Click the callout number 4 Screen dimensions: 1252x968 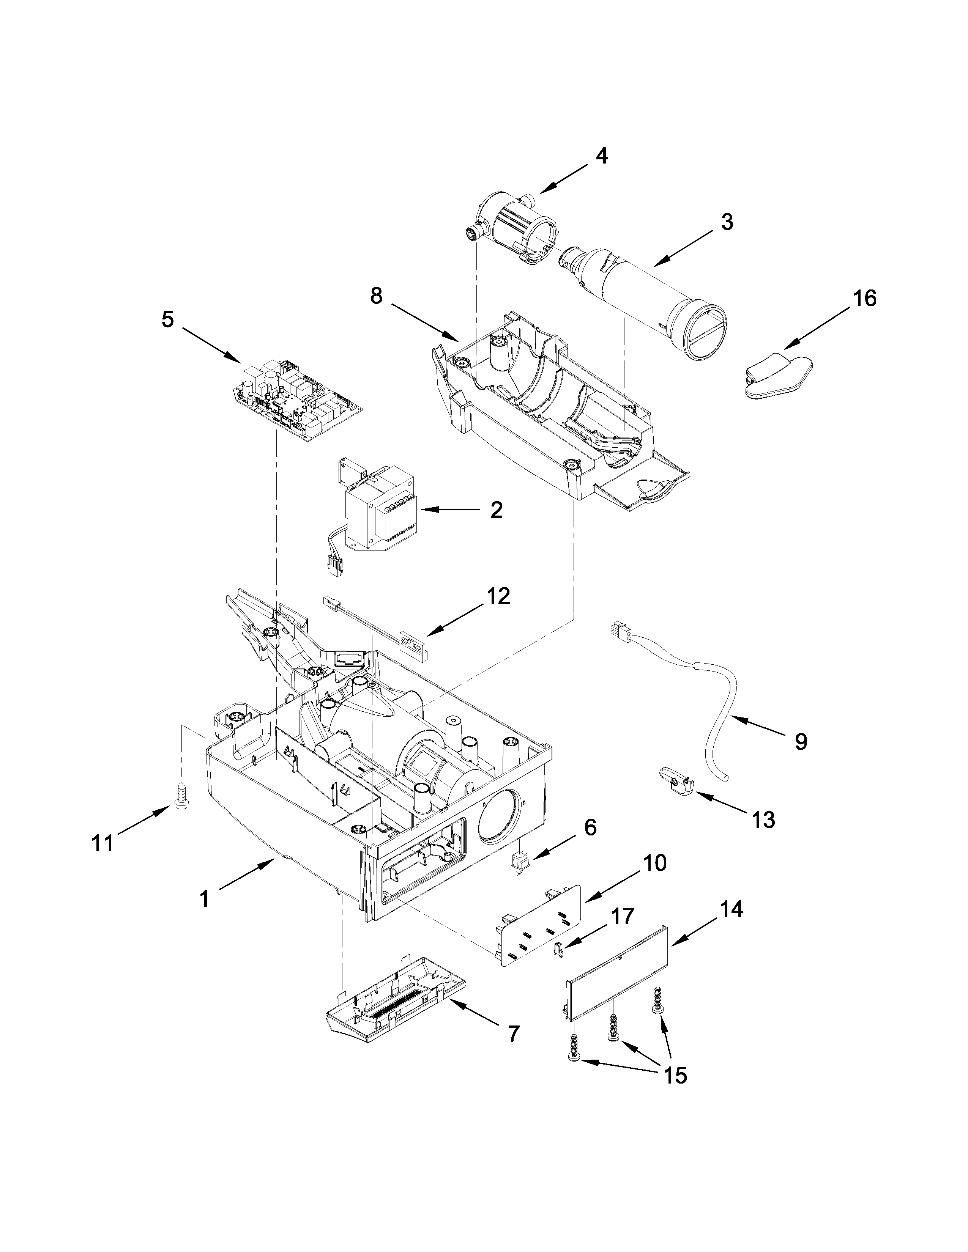pyautogui.click(x=601, y=156)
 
